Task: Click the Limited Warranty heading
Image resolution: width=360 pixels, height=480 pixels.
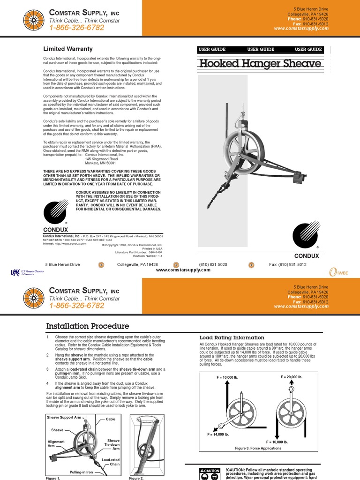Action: click(68, 49)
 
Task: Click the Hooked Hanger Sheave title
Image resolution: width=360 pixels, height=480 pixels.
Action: click(260, 63)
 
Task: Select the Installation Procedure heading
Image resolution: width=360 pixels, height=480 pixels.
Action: click(87, 326)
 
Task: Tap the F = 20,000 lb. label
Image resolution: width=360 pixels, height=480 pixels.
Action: click(292, 377)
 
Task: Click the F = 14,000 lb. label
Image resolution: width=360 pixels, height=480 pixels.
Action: click(218, 435)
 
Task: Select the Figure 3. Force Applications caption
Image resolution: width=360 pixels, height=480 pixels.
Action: click(258, 448)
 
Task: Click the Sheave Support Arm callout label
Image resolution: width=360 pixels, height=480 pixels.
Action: click(64, 417)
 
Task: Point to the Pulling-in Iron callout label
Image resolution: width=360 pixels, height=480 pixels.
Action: click(82, 472)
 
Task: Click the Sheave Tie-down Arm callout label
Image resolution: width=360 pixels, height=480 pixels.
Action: click(113, 444)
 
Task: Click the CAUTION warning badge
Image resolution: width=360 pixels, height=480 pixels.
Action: click(210, 470)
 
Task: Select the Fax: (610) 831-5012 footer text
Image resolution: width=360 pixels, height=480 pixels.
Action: click(287, 264)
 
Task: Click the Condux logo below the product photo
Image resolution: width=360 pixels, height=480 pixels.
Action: click(306, 234)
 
